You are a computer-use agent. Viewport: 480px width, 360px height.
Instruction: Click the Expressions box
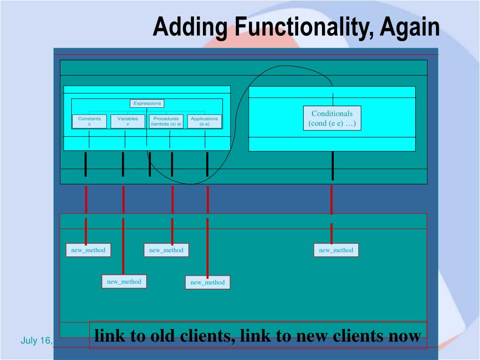(x=147, y=104)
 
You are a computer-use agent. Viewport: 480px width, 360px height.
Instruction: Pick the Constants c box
(x=90, y=121)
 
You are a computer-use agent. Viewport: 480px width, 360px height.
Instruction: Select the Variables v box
(x=127, y=121)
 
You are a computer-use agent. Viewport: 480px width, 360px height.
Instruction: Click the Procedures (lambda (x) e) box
(x=166, y=121)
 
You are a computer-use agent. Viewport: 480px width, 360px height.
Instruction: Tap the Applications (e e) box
(x=204, y=121)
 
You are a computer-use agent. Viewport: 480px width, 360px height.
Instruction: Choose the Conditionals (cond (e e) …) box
(x=332, y=118)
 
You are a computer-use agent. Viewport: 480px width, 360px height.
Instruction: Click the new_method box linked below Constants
(x=88, y=250)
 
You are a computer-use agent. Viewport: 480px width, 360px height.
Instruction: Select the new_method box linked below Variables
(x=124, y=282)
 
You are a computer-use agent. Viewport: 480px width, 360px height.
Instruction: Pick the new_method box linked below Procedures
(x=166, y=250)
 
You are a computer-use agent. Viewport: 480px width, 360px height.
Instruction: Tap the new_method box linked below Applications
(x=207, y=282)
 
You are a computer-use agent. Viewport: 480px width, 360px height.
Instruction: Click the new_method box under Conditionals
(x=336, y=250)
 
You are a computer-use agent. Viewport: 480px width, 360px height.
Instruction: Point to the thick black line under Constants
(x=86, y=164)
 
